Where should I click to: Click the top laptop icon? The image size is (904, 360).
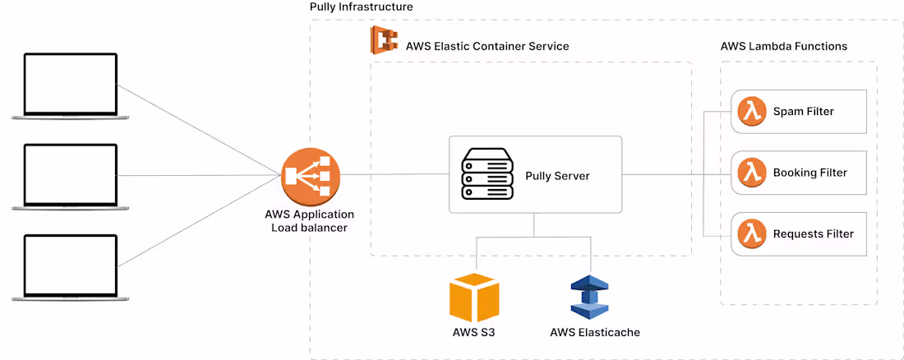pyautogui.click(x=70, y=86)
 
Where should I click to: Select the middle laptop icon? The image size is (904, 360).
pyautogui.click(x=70, y=176)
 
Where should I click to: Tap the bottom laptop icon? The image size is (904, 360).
pyautogui.click(x=70, y=266)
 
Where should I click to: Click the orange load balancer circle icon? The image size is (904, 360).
pyautogui.click(x=307, y=177)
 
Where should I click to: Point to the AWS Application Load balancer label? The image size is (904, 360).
pyautogui.click(x=309, y=220)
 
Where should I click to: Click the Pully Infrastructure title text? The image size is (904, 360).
pyautogui.click(x=361, y=7)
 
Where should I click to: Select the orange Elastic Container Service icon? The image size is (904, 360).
pyautogui.click(x=383, y=40)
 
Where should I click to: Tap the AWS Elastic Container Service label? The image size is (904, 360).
pyautogui.click(x=487, y=46)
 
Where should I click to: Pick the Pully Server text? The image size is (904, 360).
pyautogui.click(x=557, y=176)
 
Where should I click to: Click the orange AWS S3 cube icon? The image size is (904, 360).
pyautogui.click(x=474, y=297)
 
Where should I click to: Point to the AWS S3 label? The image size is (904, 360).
pyautogui.click(x=473, y=333)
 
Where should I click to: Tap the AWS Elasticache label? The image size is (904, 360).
pyautogui.click(x=594, y=333)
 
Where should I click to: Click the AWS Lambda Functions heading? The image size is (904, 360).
pyautogui.click(x=783, y=46)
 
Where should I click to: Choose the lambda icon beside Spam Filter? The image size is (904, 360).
pyautogui.click(x=751, y=112)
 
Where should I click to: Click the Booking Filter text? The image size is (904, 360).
pyautogui.click(x=809, y=173)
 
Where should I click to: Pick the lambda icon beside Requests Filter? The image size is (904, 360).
pyautogui.click(x=751, y=234)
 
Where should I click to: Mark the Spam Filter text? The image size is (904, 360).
pyautogui.click(x=804, y=112)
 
